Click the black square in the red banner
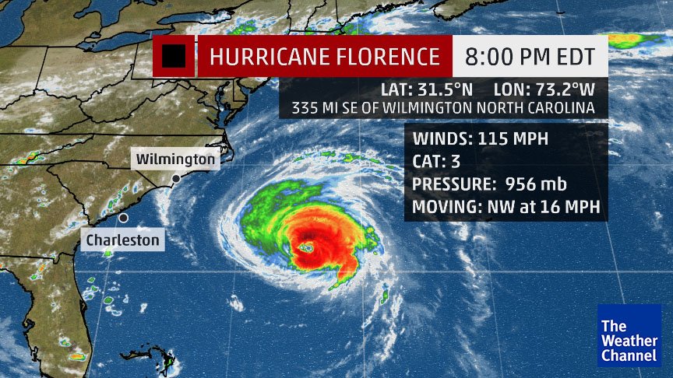coord(174,56)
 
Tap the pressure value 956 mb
coord(536,185)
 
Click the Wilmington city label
coord(175,159)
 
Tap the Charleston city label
coord(122,240)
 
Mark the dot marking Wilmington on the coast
coord(177,179)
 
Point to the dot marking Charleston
coord(123,219)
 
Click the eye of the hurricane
coord(308,248)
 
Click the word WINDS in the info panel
coord(438,140)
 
